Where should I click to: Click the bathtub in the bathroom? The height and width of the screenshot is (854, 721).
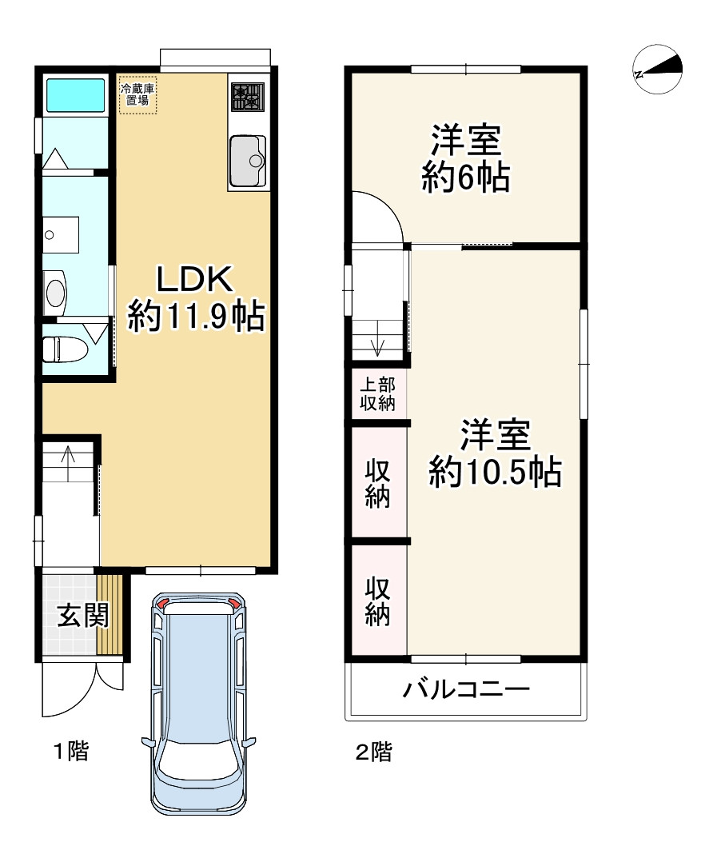pyautogui.click(x=76, y=95)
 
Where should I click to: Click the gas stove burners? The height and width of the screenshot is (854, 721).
pyautogui.click(x=247, y=98)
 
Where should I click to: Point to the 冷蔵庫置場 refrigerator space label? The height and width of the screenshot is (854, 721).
pyautogui.click(x=138, y=95)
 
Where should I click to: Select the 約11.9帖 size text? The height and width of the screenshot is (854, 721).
pyautogui.click(x=196, y=317)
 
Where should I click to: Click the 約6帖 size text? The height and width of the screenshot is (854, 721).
pyautogui.click(x=466, y=178)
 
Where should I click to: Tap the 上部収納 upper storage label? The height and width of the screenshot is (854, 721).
pyautogui.click(x=377, y=393)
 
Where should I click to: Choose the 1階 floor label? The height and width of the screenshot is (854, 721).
pyautogui.click(x=70, y=752)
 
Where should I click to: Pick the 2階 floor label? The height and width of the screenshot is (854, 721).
pyautogui.click(x=373, y=752)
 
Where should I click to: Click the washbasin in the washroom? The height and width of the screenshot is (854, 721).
pyautogui.click(x=55, y=291)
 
